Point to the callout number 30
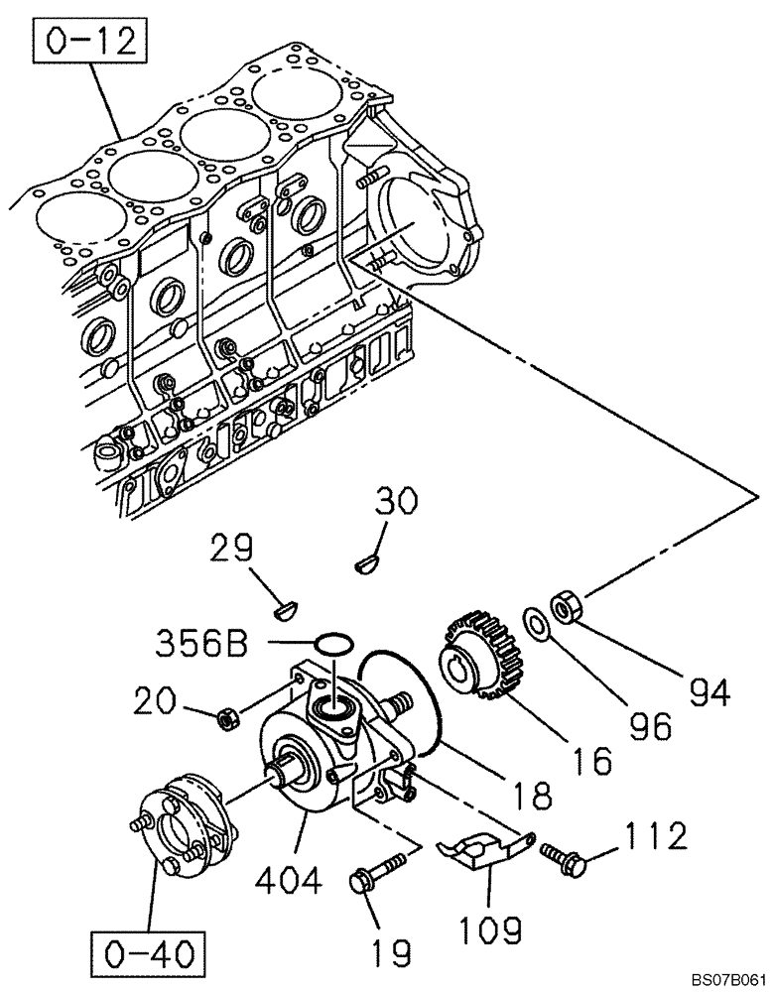point(397,505)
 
